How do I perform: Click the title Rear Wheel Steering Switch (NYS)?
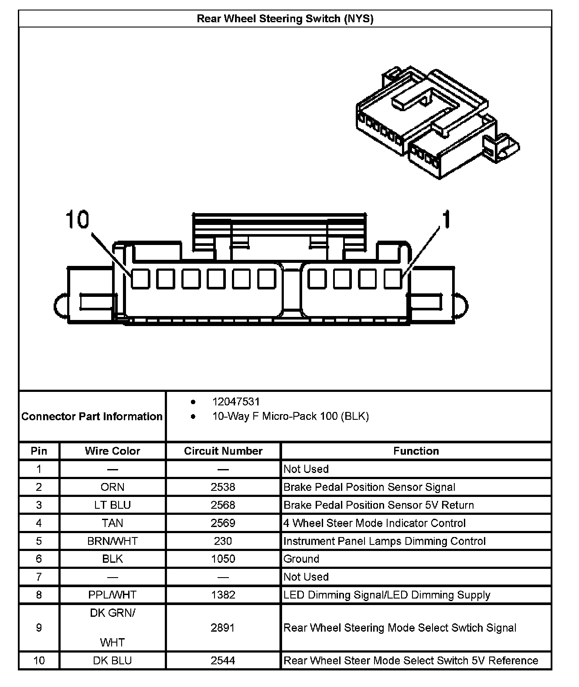pos(285,19)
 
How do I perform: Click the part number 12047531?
pos(236,401)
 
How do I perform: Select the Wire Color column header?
pos(112,451)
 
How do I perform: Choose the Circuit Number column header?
pos(223,451)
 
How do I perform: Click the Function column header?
pos(416,451)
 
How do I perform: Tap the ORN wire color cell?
pos(112,487)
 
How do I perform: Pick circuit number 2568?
pos(223,505)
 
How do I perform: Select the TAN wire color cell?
pos(112,523)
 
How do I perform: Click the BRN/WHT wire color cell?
pos(112,541)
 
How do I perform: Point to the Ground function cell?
pos(301,559)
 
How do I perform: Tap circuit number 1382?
pos(223,595)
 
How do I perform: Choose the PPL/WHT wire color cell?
pos(112,595)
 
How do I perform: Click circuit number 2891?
pos(223,628)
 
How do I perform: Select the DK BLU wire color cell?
pos(112,660)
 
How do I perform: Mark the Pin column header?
pos(39,451)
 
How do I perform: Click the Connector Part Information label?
pos(92,416)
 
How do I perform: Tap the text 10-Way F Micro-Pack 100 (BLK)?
pos(290,416)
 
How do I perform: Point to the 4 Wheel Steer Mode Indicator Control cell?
pos(375,523)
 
